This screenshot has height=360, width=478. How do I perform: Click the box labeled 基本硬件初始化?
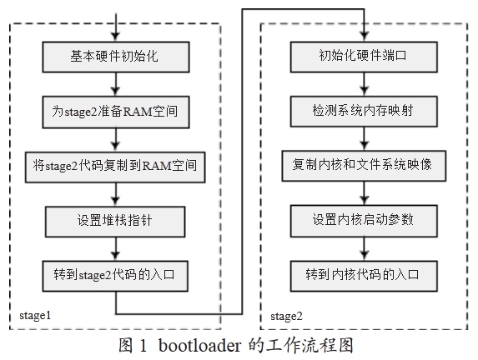[x=116, y=57]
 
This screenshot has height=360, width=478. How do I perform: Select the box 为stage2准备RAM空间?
[x=116, y=112]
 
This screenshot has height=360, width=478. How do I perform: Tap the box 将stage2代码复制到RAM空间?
[x=115, y=167]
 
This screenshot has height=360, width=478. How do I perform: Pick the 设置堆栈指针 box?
[x=115, y=222]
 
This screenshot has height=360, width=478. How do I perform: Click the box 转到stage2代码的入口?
[x=115, y=276]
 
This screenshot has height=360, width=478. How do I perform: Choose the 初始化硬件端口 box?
[x=364, y=57]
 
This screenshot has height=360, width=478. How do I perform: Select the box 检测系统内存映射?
[x=364, y=111]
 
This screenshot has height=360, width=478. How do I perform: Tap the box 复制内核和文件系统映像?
[x=364, y=166]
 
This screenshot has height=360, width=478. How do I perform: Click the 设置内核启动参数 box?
[x=364, y=221]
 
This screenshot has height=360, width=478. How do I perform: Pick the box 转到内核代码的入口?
[x=364, y=276]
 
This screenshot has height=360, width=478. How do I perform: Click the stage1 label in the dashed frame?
[x=35, y=316]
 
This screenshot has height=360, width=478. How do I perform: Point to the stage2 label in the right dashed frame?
[x=287, y=317]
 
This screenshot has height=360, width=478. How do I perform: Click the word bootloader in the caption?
[x=200, y=346]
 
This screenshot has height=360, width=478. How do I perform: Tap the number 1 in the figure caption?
[x=143, y=346]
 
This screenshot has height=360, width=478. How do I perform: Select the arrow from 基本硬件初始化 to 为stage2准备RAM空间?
[x=115, y=84]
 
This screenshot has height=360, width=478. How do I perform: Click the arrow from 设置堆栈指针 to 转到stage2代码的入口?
[x=115, y=249]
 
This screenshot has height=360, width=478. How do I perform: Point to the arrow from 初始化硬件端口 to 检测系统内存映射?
[x=365, y=84]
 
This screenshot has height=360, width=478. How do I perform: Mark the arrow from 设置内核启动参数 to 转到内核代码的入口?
[x=365, y=249]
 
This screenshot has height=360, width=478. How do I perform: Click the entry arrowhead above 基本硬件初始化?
[x=115, y=37]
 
